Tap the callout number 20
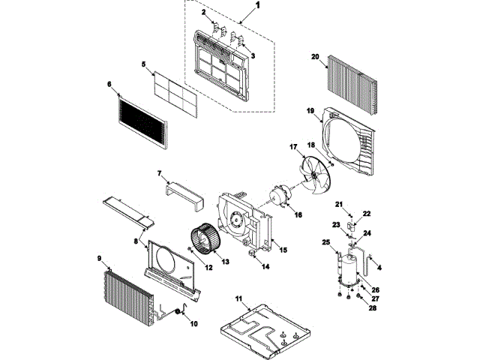coord(315,56)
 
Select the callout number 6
coord(110,84)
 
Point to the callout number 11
coord(239,299)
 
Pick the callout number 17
coord(293,148)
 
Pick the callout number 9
coord(99,259)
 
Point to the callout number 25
coord(325,241)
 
